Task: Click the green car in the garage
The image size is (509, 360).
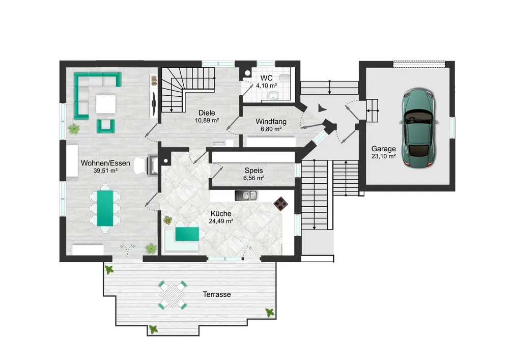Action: click(x=419, y=128)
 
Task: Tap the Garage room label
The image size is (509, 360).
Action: click(x=383, y=149)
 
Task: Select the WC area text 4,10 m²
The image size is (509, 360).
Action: click(x=266, y=86)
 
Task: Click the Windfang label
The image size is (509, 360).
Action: click(x=271, y=121)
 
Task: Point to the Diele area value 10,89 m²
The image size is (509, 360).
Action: click(x=207, y=121)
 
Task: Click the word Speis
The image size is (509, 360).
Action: click(x=253, y=171)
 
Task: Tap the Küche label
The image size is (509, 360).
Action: click(x=221, y=213)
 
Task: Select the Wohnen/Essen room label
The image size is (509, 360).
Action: click(x=105, y=163)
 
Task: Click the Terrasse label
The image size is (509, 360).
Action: click(x=216, y=294)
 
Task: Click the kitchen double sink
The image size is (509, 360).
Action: click(x=246, y=196)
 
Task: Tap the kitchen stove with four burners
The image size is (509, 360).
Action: click(x=280, y=204)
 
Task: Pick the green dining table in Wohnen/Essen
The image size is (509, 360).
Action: click(x=105, y=208)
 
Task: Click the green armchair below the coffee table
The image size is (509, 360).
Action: click(x=106, y=126)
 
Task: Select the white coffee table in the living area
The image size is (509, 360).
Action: click(x=106, y=104)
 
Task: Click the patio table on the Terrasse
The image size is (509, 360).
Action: click(x=173, y=295)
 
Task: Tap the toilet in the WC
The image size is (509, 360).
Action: click(x=285, y=78)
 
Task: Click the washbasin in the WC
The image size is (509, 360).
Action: click(x=272, y=95)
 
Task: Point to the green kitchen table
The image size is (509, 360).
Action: click(x=187, y=234)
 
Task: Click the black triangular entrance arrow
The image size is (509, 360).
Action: click(x=321, y=108)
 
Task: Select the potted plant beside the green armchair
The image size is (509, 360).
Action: click(x=74, y=128)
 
